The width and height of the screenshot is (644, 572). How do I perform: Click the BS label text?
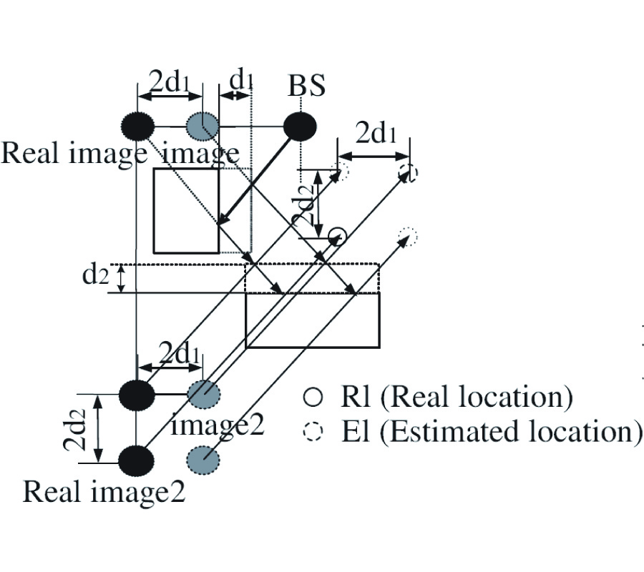pos(307,85)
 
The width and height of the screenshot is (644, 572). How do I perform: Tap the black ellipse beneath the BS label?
pos(301,127)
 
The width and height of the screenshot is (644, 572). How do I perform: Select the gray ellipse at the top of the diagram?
pos(203,127)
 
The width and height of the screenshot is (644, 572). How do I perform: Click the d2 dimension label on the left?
pos(95,275)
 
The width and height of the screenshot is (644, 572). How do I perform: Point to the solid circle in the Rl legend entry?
pos(313,397)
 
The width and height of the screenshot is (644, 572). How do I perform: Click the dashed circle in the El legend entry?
pos(313,432)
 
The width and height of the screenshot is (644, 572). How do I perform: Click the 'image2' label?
pos(218,425)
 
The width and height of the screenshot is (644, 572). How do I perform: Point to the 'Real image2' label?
pos(104,491)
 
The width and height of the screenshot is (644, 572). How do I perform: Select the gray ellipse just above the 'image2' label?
pos(203,393)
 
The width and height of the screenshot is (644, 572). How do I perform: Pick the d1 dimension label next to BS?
pos(241,82)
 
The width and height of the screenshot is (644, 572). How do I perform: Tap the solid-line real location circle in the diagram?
pos(337,235)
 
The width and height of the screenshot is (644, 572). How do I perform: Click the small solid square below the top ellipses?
pos(186,210)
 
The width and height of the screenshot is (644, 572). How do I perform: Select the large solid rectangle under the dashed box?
pos(312,320)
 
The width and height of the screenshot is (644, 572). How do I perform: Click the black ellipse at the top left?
pos(137,127)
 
